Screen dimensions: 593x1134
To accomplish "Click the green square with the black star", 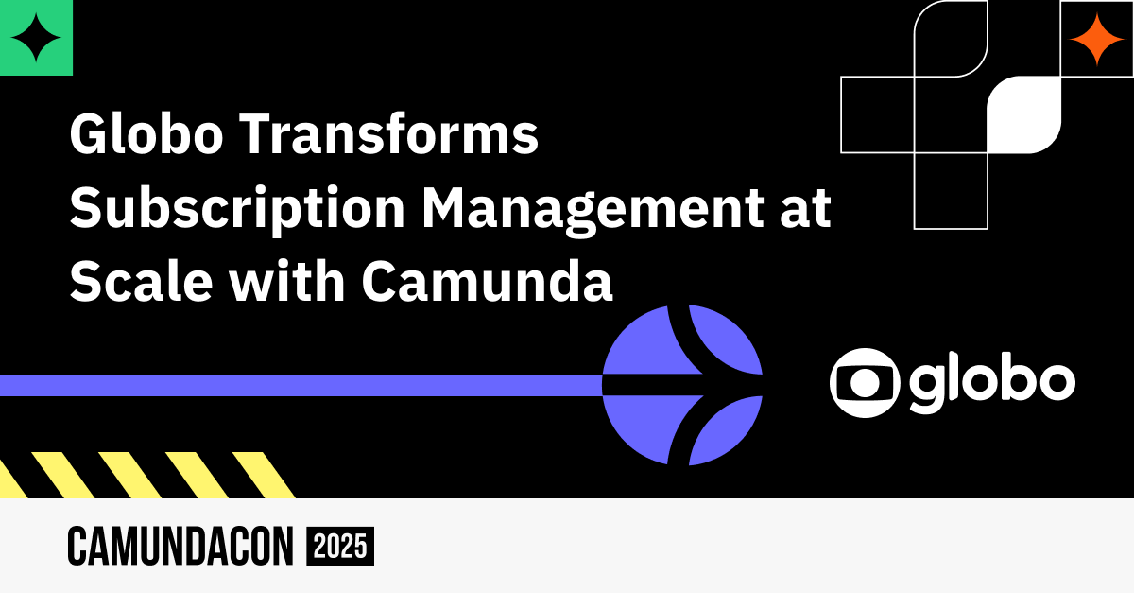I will coord(36,38).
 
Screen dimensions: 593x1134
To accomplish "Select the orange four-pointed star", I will coord(1096,40).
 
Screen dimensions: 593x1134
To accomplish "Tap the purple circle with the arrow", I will coord(682,385).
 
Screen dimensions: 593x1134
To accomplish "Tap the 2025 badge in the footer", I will coord(340,546).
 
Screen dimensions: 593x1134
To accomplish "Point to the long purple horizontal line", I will coord(302,385).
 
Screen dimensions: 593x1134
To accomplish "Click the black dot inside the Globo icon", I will coord(862,383).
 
